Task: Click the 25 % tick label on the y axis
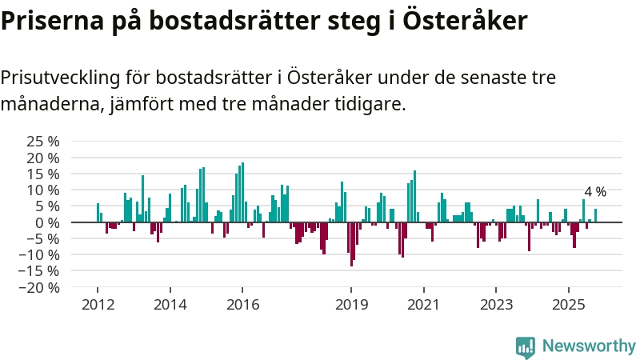point(43,141)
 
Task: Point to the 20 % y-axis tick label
point(43,158)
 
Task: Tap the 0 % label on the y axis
point(47,222)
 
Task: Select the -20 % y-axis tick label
point(41,288)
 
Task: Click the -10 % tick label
point(41,255)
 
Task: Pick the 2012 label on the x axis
point(97,304)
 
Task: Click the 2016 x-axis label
point(242,304)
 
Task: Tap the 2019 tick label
point(351,304)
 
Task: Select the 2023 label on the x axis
point(496,304)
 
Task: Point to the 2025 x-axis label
point(569,304)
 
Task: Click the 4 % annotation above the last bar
point(595,192)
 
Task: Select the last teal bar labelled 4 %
point(595,215)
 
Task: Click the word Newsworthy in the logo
point(589,346)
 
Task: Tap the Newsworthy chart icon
point(526,346)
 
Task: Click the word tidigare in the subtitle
point(373,104)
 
